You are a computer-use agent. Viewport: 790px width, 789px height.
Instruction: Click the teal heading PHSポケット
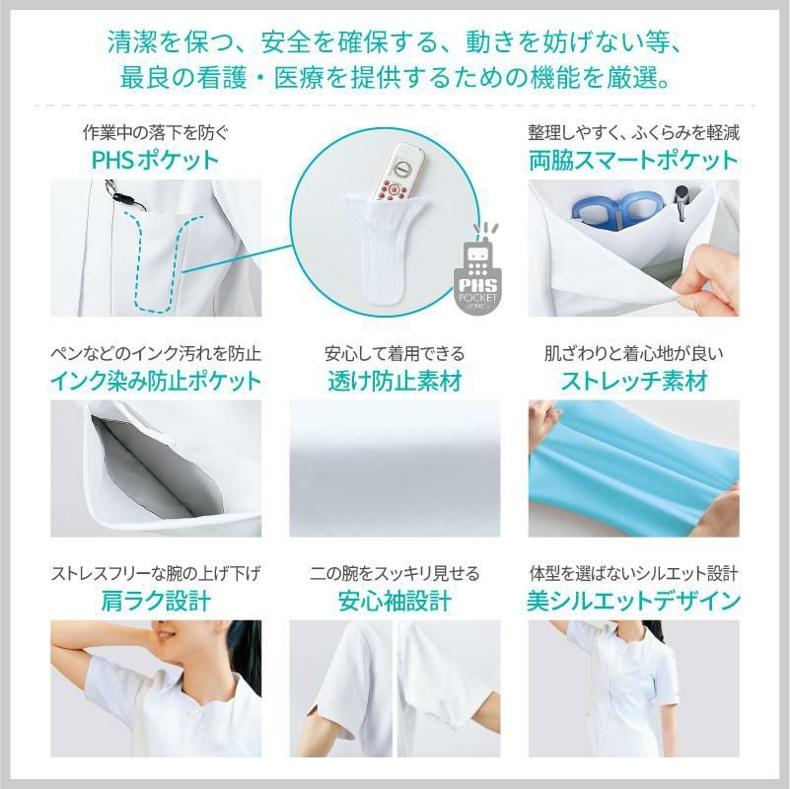(155, 159)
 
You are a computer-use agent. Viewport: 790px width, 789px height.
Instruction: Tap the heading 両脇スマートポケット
(633, 159)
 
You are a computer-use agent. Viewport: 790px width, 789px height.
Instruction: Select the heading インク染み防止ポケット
(155, 380)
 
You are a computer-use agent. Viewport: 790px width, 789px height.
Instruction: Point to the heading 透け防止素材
(395, 380)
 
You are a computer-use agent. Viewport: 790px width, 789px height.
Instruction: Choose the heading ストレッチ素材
(633, 380)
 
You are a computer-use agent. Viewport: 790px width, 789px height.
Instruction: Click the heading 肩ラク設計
(155, 600)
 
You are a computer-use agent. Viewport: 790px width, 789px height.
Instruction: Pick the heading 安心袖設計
(395, 600)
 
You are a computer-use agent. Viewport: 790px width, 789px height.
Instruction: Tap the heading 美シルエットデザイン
(633, 600)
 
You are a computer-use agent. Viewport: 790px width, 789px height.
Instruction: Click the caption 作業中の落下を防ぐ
(155, 132)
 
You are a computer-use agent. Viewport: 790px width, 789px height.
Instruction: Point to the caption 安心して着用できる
(395, 353)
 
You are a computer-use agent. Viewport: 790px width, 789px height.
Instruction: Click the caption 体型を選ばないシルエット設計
(633, 573)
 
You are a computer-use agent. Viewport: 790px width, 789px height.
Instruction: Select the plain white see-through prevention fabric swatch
(395, 468)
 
